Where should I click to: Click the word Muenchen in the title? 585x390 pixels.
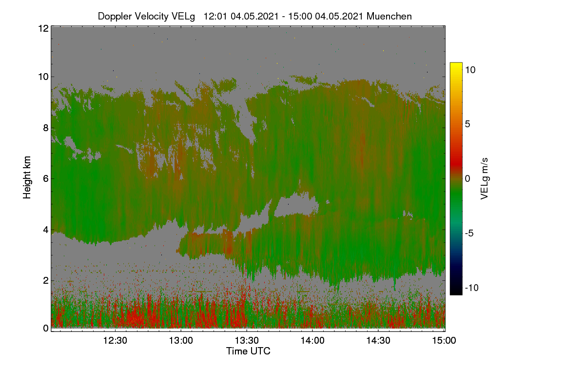[389, 16]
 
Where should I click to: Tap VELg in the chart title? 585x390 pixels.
[183, 17]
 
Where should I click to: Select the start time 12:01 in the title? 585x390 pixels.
[215, 16]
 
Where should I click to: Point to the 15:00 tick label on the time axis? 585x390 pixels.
[444, 340]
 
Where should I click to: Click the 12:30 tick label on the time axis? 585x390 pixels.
[115, 340]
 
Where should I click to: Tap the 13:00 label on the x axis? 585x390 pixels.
[181, 340]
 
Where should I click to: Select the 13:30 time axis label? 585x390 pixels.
[247, 340]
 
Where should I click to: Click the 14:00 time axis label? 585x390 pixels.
[312, 340]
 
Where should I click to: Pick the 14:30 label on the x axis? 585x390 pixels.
[378, 340]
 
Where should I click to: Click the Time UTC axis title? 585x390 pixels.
[248, 351]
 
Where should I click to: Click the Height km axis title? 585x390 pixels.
[27, 177]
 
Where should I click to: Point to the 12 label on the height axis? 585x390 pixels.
[43, 28]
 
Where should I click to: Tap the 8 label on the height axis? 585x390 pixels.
[46, 128]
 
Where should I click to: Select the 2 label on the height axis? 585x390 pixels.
[46, 280]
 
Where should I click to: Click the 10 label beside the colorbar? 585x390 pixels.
[470, 70]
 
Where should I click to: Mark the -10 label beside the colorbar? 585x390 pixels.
[472, 288]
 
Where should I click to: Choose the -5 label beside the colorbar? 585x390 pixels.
[469, 233]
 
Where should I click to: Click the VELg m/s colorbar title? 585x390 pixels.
[485, 179]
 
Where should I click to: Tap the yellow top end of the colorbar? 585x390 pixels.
[456, 64]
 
